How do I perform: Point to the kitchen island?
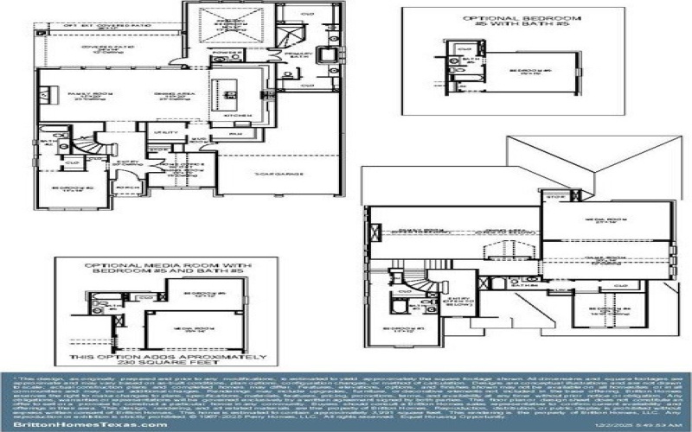230,87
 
